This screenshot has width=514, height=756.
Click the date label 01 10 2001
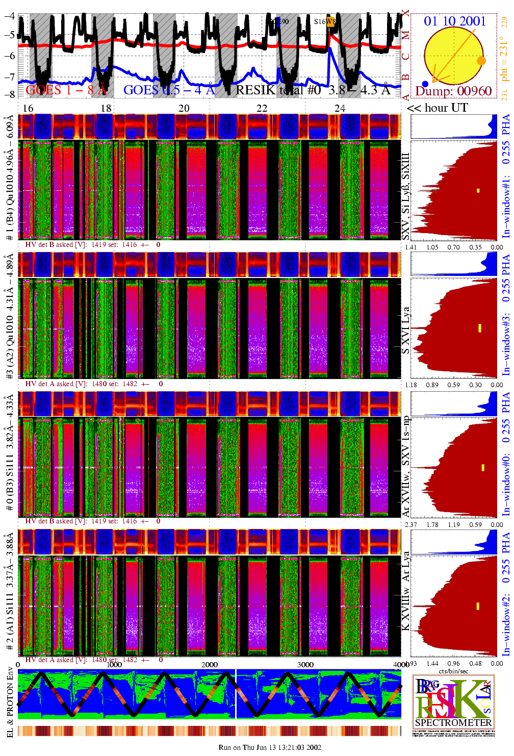click(454, 21)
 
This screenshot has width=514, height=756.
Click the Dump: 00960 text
click(453, 91)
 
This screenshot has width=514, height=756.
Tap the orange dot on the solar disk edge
click(481, 61)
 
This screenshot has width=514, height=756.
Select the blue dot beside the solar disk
click(425, 84)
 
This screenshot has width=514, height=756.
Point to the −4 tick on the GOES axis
click(9, 15)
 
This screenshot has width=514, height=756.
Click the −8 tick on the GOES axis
click(9, 94)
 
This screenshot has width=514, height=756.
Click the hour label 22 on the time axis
click(262, 108)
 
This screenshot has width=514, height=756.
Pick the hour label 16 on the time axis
click(28, 108)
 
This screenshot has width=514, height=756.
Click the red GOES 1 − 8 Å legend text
click(66, 90)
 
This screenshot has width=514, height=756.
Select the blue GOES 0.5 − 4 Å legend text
click(169, 90)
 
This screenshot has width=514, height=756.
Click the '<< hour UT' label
click(437, 108)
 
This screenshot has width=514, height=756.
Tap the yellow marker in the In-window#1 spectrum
click(478, 191)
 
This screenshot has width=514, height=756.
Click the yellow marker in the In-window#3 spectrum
click(480, 327)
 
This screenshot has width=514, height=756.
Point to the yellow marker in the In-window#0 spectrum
click(483, 467)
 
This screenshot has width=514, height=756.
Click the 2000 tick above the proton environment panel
click(210, 664)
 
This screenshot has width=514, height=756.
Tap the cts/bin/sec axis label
click(453, 671)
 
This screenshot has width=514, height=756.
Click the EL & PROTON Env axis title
click(10, 701)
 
